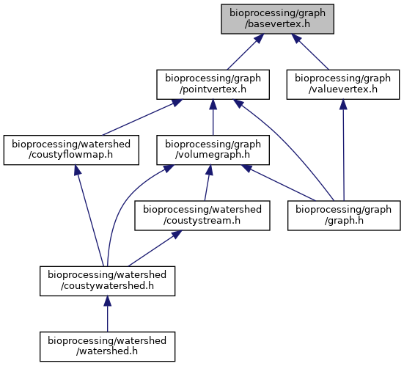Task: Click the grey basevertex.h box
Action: (x=277, y=19)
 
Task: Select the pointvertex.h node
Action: (x=213, y=84)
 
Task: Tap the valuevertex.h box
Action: (x=343, y=84)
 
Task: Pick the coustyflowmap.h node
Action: (x=71, y=150)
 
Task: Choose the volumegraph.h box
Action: (x=213, y=150)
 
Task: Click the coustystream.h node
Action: (x=202, y=216)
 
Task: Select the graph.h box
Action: (x=344, y=216)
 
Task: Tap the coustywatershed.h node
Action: (x=108, y=281)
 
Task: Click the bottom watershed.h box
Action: (x=108, y=347)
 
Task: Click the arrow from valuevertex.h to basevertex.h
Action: (x=310, y=51)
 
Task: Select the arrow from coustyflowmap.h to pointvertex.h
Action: (x=142, y=117)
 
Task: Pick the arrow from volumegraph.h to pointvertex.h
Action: (x=213, y=117)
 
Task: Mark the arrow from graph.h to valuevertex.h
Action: (x=343, y=150)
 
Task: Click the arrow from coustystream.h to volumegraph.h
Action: (x=207, y=183)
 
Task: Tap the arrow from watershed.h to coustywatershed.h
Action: (x=108, y=314)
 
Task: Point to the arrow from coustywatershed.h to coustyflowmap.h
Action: (x=89, y=216)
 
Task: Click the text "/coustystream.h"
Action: (x=202, y=221)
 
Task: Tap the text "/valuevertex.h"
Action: (x=343, y=89)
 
